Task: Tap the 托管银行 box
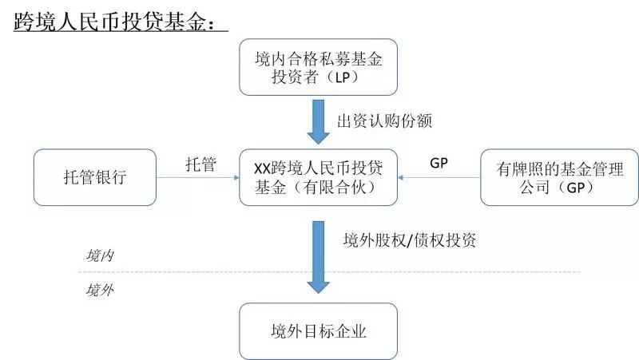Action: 94,176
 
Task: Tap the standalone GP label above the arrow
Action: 439,163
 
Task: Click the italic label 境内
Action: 100,256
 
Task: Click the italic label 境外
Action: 100,290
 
